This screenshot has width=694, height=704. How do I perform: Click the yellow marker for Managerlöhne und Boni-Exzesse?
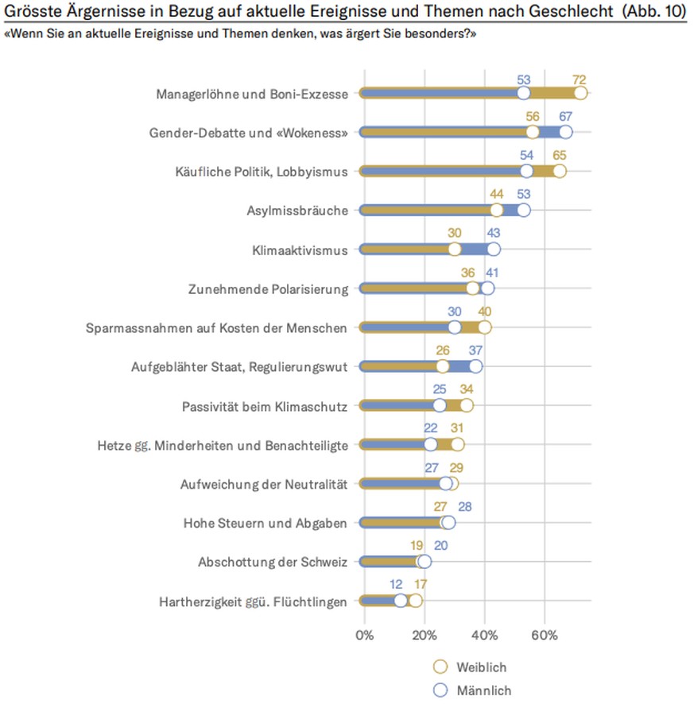click(x=581, y=93)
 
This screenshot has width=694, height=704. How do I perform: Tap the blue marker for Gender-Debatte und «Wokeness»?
click(x=565, y=132)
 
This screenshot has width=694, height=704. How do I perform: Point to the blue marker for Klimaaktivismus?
click(x=493, y=249)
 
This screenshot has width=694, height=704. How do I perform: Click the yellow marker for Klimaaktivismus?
click(x=454, y=249)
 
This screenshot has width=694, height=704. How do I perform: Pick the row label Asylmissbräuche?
click(x=297, y=211)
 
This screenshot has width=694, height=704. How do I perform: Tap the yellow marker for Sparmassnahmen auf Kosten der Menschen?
click(x=484, y=327)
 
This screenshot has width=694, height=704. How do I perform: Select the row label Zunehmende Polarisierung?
click(x=267, y=288)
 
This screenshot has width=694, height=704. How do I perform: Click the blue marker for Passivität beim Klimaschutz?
click(x=439, y=405)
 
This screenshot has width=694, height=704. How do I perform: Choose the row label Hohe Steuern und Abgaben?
click(x=266, y=523)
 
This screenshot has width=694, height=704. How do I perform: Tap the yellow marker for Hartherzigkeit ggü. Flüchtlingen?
click(x=415, y=601)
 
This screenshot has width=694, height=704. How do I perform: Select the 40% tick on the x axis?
click(x=484, y=635)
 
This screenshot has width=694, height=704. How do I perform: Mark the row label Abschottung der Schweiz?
click(x=273, y=562)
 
